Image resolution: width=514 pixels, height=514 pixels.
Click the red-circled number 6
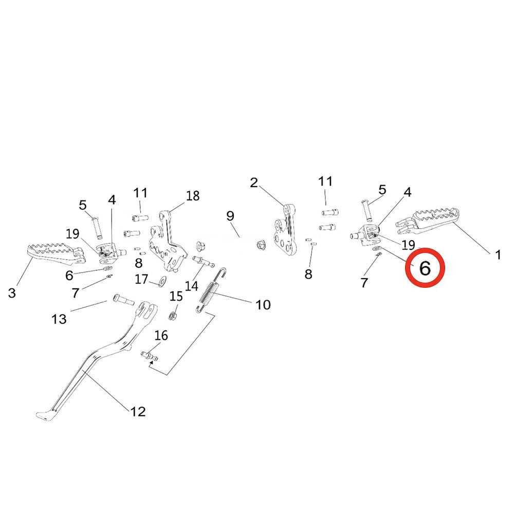pos(425,268)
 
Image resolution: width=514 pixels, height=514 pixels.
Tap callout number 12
pos(138,411)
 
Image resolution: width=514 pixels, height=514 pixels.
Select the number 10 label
pos(263,305)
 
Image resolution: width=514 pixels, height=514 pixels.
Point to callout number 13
pos(59,319)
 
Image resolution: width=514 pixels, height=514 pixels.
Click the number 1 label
pos(497,254)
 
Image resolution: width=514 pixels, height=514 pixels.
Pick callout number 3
pos(12,293)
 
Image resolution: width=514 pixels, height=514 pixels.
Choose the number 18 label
pos(193,196)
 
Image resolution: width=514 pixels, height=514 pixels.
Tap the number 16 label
pos(161,336)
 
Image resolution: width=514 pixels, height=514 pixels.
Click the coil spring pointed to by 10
pos(211,291)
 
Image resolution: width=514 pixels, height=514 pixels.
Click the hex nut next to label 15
pos(174,313)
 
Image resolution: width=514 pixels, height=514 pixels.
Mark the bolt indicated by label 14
pos(204,261)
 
